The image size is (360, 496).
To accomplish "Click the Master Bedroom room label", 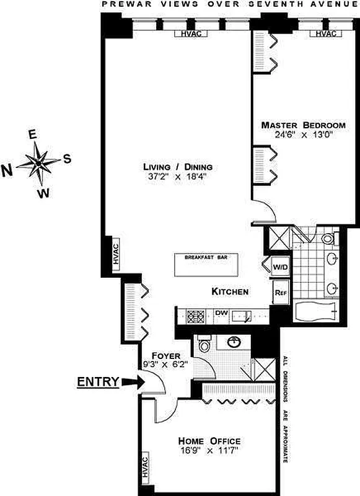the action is pos(303,125).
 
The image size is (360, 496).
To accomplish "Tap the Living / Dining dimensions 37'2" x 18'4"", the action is pos(177,177).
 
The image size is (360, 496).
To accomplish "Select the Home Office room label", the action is pos(209,441).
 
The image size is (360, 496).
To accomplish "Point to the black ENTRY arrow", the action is pos(133,382).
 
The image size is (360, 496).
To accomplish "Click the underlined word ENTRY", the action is pos(98,382).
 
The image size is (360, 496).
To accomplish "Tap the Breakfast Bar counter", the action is pos(206,265).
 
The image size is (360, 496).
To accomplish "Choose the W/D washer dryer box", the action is pos(280,267).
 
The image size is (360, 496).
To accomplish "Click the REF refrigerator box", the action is pos(281,293).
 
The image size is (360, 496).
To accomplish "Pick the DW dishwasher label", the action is pos(222,312).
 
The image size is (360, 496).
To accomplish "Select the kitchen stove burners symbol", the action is pos(196,316).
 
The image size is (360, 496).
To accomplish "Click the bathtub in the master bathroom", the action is pos(315,311).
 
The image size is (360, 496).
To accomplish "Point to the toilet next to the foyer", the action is pos(204,344).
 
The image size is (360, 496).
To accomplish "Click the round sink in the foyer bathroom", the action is pos(233,342).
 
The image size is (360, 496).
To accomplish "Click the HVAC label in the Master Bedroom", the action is pos(326,33).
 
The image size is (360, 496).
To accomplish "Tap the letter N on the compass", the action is pos(7,171).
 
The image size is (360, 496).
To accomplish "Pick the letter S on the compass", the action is pos(68,159).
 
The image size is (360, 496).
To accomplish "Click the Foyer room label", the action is pos(165,355).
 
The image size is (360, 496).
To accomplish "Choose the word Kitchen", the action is pos(230,291).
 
